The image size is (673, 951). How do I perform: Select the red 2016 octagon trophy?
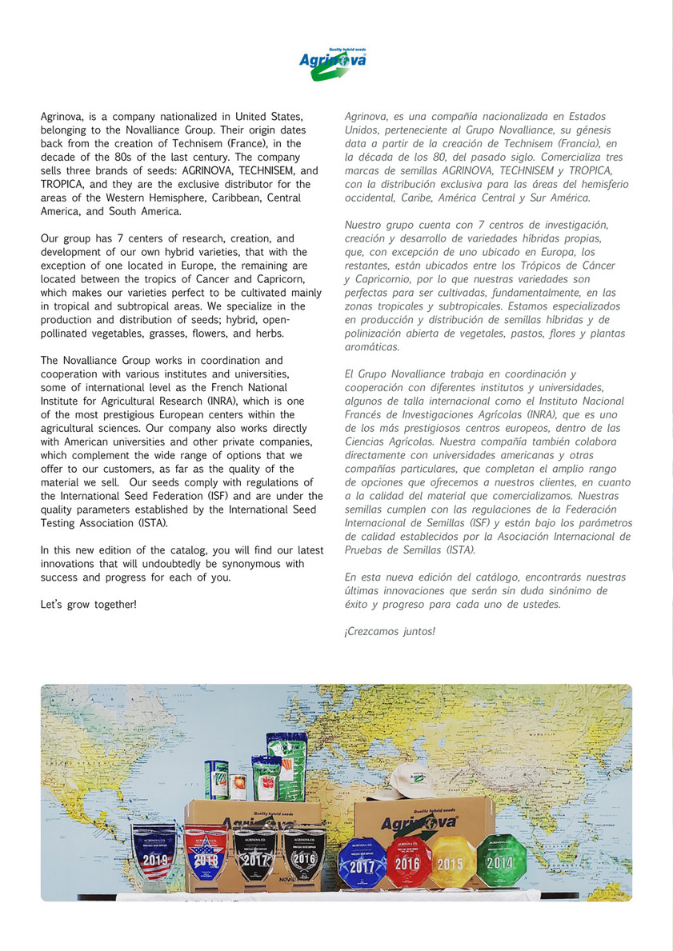(x=407, y=862)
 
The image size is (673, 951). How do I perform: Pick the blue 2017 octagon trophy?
(x=362, y=864)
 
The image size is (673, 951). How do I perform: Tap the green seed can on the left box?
(x=216, y=779)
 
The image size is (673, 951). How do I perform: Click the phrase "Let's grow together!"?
(x=88, y=603)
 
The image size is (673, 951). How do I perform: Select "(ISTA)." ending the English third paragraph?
(x=153, y=523)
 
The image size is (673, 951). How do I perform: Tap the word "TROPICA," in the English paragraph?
(x=66, y=184)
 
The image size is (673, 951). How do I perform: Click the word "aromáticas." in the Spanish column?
(x=371, y=347)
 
